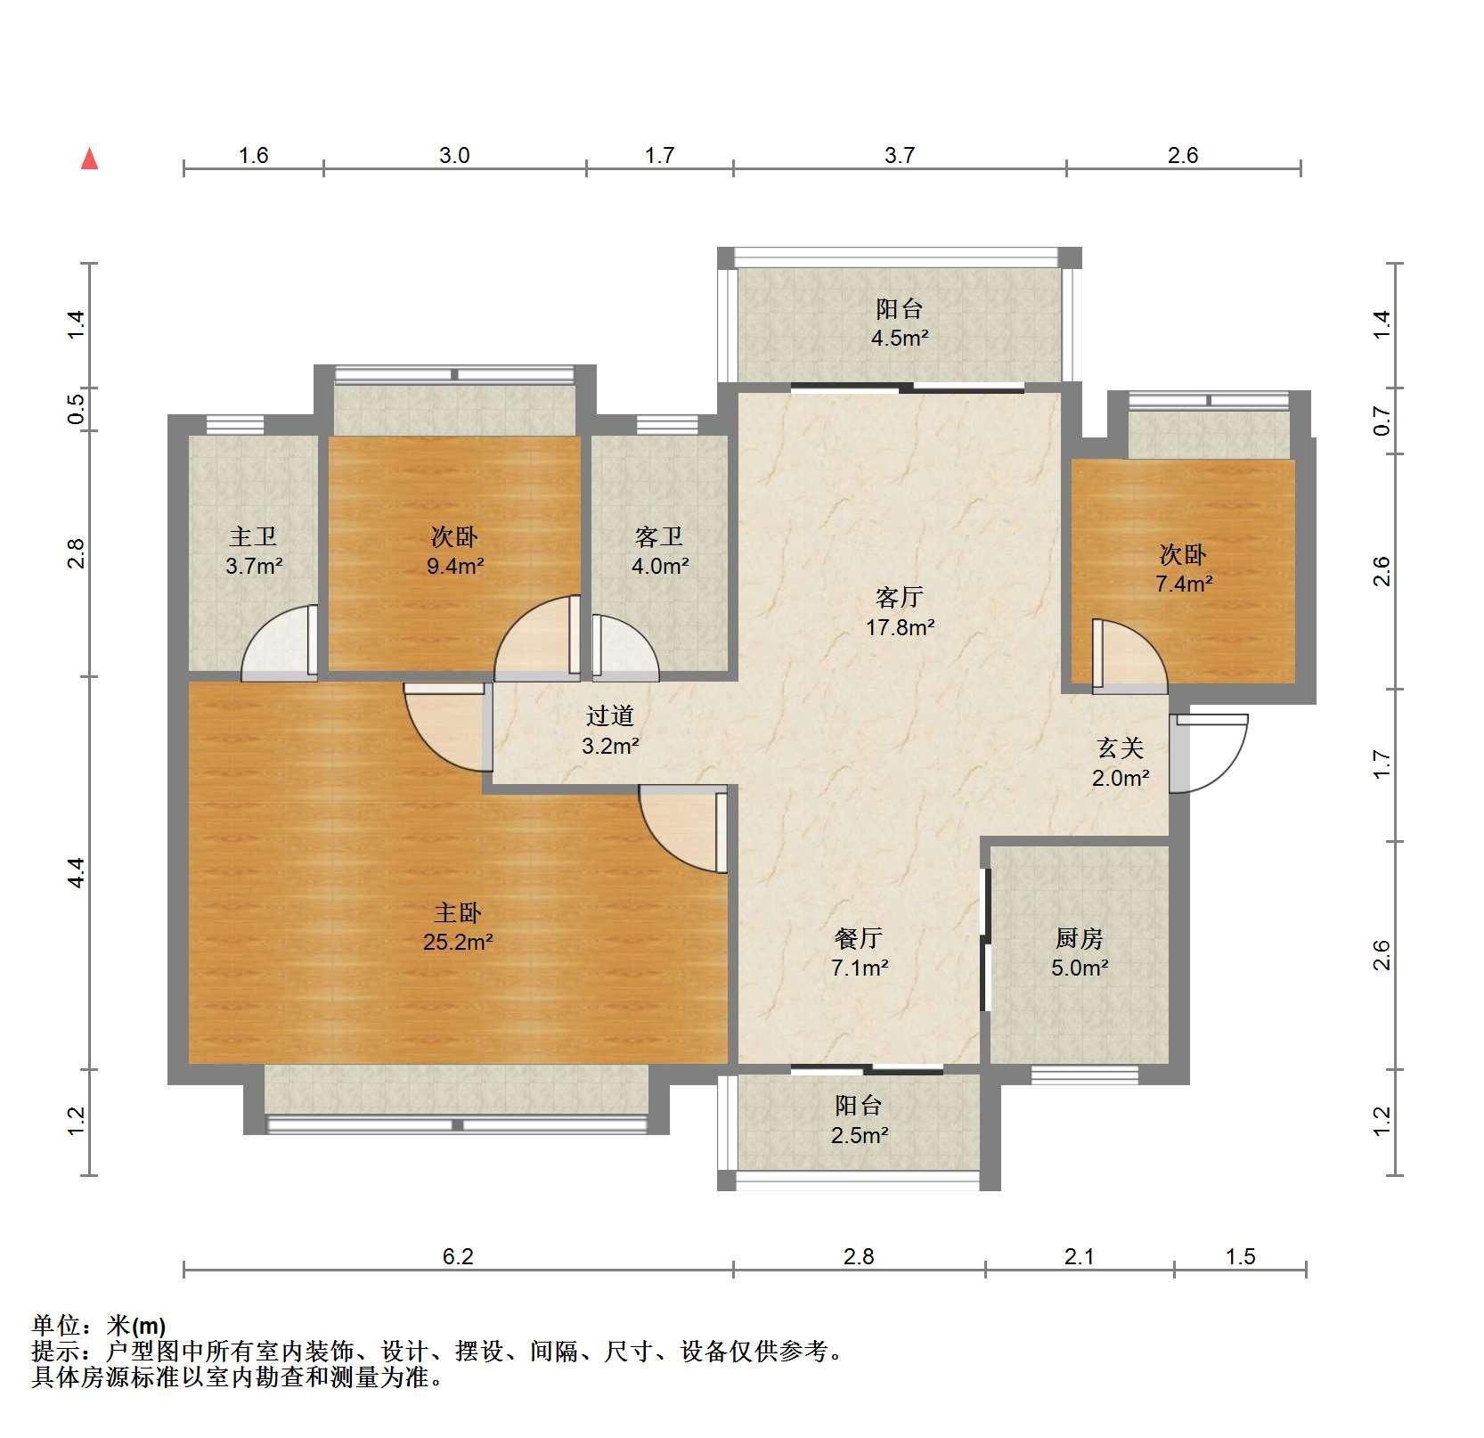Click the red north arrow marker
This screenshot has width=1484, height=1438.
click(x=89, y=159)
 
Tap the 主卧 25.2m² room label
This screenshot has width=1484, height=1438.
click(x=458, y=927)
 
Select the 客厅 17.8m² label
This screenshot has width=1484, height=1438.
click(x=900, y=611)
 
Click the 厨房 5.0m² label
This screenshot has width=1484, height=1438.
click(x=1080, y=952)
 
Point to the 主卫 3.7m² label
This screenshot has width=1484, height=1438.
click(x=254, y=551)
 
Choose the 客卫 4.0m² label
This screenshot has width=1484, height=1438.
click(x=660, y=551)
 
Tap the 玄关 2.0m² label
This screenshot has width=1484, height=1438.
click(x=1121, y=763)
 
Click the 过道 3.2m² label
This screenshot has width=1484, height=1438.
click(x=610, y=730)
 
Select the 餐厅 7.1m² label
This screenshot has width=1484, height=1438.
click(x=859, y=952)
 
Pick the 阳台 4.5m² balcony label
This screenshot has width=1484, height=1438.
click(x=900, y=323)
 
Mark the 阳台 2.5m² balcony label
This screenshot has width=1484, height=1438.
click(x=859, y=1120)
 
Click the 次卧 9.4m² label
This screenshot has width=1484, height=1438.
click(x=454, y=551)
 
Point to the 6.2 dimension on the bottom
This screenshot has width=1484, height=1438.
click(x=458, y=1256)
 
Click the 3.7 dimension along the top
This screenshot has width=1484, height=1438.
click(x=900, y=155)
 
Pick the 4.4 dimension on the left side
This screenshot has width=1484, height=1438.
click(x=77, y=872)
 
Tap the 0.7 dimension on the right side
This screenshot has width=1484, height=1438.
click(x=1382, y=421)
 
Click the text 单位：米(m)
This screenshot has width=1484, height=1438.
click(x=99, y=1325)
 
